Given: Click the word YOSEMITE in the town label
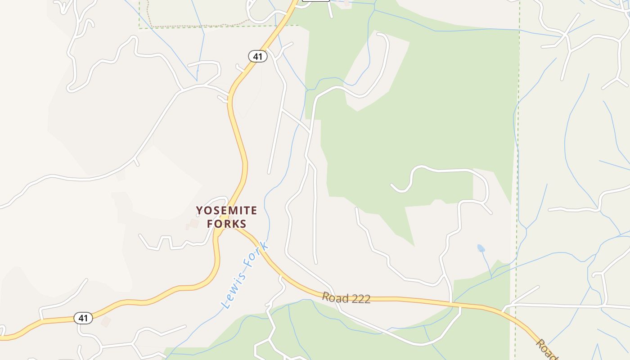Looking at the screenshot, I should [x=226, y=211].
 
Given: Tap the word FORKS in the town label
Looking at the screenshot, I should [x=226, y=224].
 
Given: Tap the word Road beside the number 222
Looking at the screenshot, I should [x=335, y=297].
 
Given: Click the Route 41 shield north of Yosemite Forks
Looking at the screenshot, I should [x=257, y=56].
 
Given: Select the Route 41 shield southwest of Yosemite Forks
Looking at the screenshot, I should [x=83, y=318].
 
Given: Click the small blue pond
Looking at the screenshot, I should [x=481, y=248].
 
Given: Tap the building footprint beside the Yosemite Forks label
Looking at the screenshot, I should [x=194, y=223].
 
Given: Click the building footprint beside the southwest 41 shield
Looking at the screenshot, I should [x=106, y=321].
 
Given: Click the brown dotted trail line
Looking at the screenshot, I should [x=198, y=26].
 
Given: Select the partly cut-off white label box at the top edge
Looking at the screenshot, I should [x=315, y=1].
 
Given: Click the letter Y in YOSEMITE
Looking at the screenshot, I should [x=199, y=211].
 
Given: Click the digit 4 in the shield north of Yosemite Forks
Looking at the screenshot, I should [x=255, y=56].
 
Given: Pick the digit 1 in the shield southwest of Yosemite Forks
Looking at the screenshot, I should [x=85, y=318].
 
